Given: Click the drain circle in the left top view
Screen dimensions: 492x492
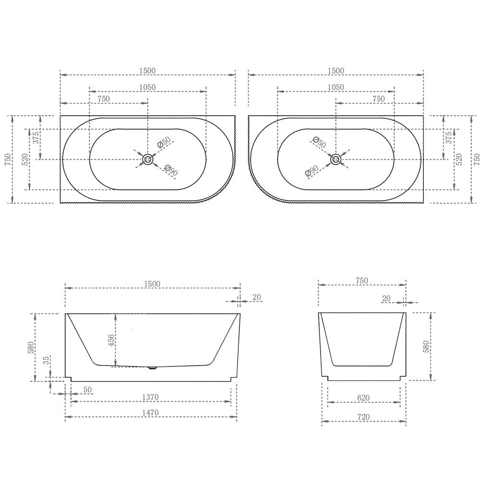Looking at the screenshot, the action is click(x=148, y=160).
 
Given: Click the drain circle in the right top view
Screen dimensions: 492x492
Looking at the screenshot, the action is click(x=336, y=160).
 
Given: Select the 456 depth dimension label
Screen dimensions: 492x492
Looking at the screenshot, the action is click(x=111, y=341).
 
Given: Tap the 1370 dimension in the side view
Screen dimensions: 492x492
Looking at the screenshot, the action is click(x=150, y=397).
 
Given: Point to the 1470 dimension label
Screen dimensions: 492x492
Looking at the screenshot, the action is click(x=150, y=413).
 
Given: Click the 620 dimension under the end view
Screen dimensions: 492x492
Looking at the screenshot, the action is click(x=363, y=398).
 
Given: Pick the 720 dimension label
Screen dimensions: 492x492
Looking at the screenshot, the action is click(x=363, y=417).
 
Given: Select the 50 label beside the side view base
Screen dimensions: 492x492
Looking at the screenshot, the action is click(x=87, y=389).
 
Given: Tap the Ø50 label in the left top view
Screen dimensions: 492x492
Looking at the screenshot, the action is click(x=163, y=142).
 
